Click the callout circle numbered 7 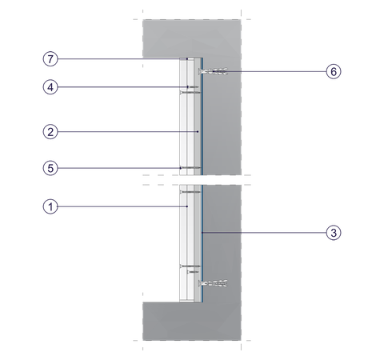point(50,58)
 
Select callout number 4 point(50,87)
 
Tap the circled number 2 point(50,132)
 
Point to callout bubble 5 point(50,168)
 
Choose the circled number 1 point(50,206)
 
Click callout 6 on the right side point(334,71)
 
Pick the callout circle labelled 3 point(334,233)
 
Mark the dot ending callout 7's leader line point(187,58)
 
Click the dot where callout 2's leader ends point(198,132)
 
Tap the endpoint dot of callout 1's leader point(187,206)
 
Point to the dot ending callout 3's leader point(202,233)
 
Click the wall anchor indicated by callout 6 point(213,71)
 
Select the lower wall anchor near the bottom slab point(213,283)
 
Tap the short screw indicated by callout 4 point(193,87)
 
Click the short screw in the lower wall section point(193,272)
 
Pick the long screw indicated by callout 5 point(190,168)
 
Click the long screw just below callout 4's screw point(190,92)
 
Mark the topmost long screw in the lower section point(190,192)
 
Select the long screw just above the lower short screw point(190,266)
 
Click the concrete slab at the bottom point(192,322)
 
